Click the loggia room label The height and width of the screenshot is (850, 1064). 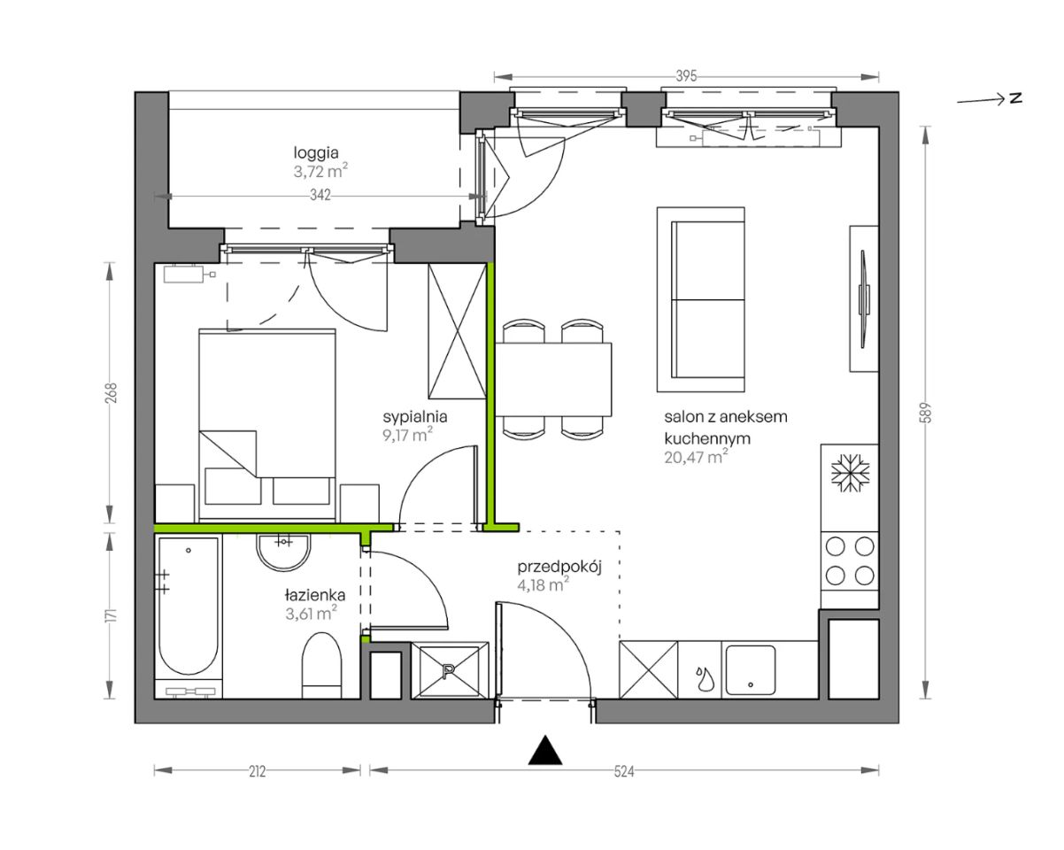(x=316, y=153)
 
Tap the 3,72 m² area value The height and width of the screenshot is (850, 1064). (x=320, y=171)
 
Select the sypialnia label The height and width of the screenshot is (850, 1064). (x=415, y=417)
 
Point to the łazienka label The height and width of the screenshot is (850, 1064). (x=315, y=595)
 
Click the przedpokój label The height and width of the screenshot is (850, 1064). (x=559, y=568)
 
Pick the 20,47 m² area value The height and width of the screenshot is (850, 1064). (x=696, y=457)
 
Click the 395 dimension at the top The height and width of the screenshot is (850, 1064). (x=686, y=76)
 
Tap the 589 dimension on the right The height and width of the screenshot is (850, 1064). (x=926, y=413)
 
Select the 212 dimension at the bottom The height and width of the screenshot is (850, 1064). (x=257, y=771)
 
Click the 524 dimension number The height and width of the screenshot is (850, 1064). (x=624, y=771)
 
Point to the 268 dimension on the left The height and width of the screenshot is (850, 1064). (x=112, y=392)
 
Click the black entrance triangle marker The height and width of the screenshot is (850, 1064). (x=545, y=750)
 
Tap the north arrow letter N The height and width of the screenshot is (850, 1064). (x=1015, y=99)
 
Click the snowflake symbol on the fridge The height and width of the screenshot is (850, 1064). (x=850, y=473)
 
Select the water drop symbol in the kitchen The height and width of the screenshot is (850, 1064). (x=702, y=679)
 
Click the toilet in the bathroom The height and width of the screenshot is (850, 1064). (x=321, y=665)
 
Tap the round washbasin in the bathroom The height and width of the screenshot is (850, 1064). (x=284, y=552)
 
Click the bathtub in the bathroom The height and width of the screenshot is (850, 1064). (x=189, y=607)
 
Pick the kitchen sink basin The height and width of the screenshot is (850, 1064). (x=750, y=669)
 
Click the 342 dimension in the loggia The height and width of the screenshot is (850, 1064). (x=320, y=196)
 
